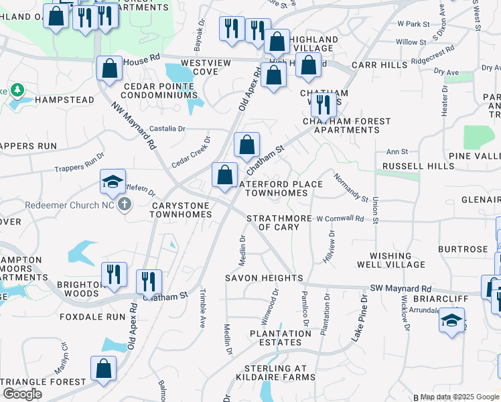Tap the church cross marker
pyautogui.click(x=124, y=204)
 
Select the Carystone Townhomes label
pyautogui.click(x=181, y=210)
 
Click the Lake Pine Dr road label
pyautogui.click(x=360, y=318)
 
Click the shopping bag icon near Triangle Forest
pyautogui.click(x=104, y=368)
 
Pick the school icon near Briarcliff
pyautogui.click(x=452, y=320)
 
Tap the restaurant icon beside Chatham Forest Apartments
pyautogui.click(x=324, y=105)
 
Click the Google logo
pyautogui.click(x=23, y=394)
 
